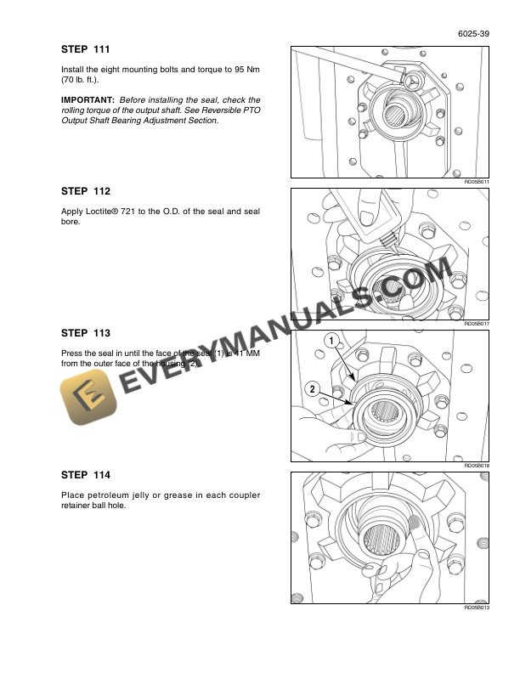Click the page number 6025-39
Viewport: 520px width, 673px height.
(472, 34)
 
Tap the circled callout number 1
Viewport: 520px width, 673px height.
(331, 341)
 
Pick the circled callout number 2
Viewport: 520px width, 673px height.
(312, 389)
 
